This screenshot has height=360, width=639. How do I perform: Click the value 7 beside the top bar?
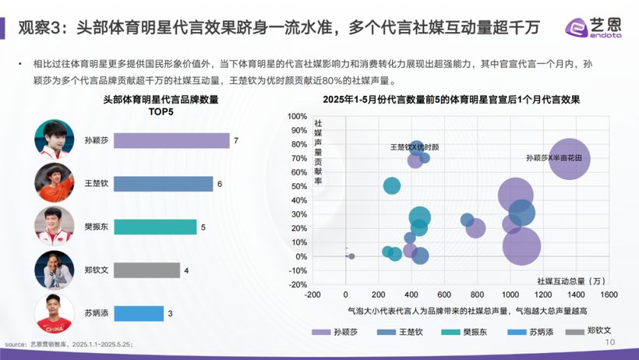click(x=235, y=141)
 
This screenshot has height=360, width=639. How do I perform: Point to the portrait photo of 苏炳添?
click(x=55, y=313)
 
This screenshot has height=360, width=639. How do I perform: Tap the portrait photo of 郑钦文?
click(x=55, y=270)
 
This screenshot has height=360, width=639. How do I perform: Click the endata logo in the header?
click(x=596, y=28)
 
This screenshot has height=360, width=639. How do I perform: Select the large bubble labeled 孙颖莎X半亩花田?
click(x=570, y=158)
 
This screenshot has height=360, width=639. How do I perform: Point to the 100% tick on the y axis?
click(x=297, y=116)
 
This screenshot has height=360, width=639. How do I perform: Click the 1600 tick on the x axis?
click(x=609, y=295)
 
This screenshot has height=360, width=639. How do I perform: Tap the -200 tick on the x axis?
click(x=313, y=295)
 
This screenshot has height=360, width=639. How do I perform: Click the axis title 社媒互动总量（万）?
click(x=571, y=280)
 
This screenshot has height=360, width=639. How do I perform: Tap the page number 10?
click(x=610, y=342)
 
